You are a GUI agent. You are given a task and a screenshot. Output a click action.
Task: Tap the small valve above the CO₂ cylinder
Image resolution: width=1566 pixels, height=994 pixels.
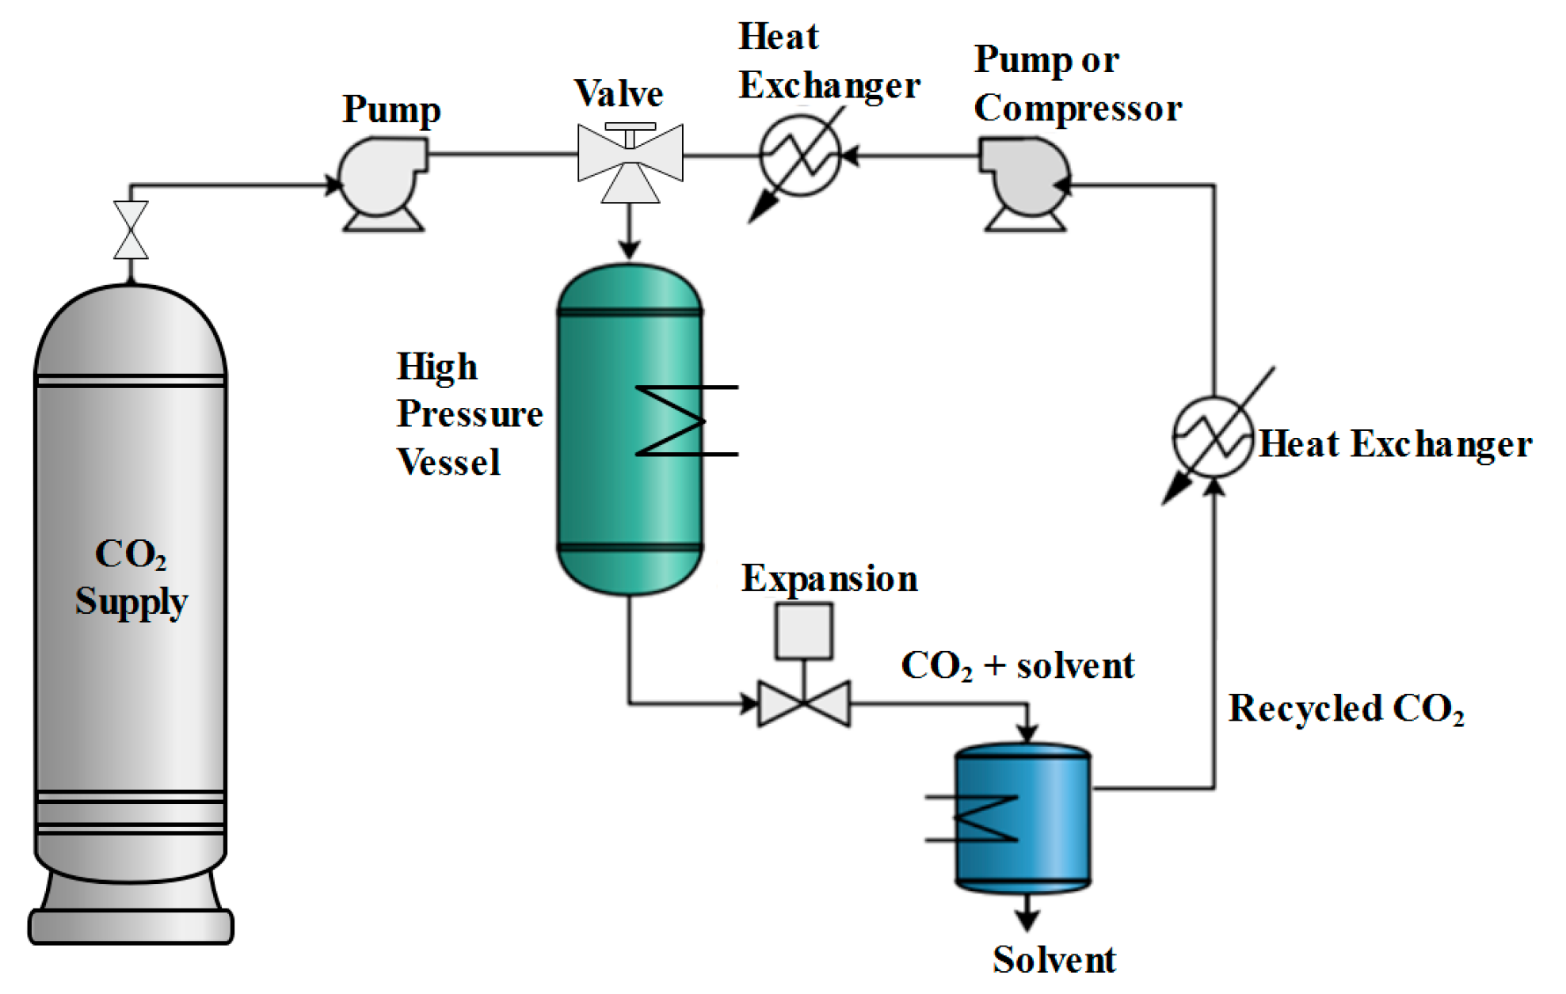click(x=131, y=230)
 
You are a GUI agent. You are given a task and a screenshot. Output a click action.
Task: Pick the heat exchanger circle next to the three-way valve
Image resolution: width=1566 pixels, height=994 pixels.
click(x=800, y=155)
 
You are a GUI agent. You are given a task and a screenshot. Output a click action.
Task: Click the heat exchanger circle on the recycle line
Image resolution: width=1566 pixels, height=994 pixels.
click(x=1213, y=436)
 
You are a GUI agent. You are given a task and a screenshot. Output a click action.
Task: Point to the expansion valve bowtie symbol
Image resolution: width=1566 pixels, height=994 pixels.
click(x=804, y=703)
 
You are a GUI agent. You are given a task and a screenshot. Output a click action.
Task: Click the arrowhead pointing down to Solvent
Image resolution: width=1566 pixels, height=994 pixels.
click(x=1027, y=920)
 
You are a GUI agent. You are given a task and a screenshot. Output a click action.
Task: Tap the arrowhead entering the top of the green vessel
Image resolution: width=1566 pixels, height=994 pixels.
click(x=630, y=249)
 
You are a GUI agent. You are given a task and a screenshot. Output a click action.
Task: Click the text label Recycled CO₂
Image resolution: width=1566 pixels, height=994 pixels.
click(x=1345, y=708)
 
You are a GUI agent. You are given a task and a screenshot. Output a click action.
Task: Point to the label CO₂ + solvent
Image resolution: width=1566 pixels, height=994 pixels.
click(x=1017, y=665)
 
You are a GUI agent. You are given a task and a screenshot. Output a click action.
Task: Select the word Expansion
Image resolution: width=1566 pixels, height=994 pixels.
click(x=829, y=579)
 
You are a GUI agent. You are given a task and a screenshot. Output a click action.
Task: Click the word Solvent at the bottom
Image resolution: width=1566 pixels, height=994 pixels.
click(x=1054, y=961)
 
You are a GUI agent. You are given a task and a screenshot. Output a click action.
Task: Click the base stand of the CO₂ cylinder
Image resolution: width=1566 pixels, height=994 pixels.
click(x=131, y=924)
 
